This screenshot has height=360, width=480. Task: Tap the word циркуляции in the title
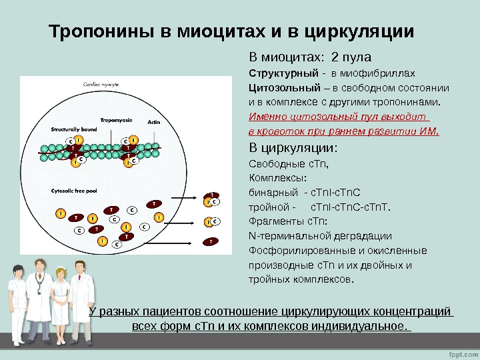(359, 31)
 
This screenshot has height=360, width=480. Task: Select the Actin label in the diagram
(154, 122)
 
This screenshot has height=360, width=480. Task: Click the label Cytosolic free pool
(74, 190)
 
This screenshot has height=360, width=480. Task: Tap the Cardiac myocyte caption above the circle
(101, 85)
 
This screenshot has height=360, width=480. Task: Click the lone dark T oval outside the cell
(211, 241)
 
